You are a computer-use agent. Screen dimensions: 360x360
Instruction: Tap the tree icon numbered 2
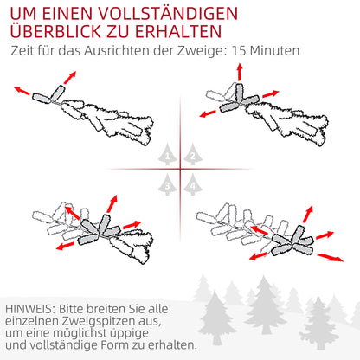[191, 155]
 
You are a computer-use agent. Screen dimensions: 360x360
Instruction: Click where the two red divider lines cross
[180, 169]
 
